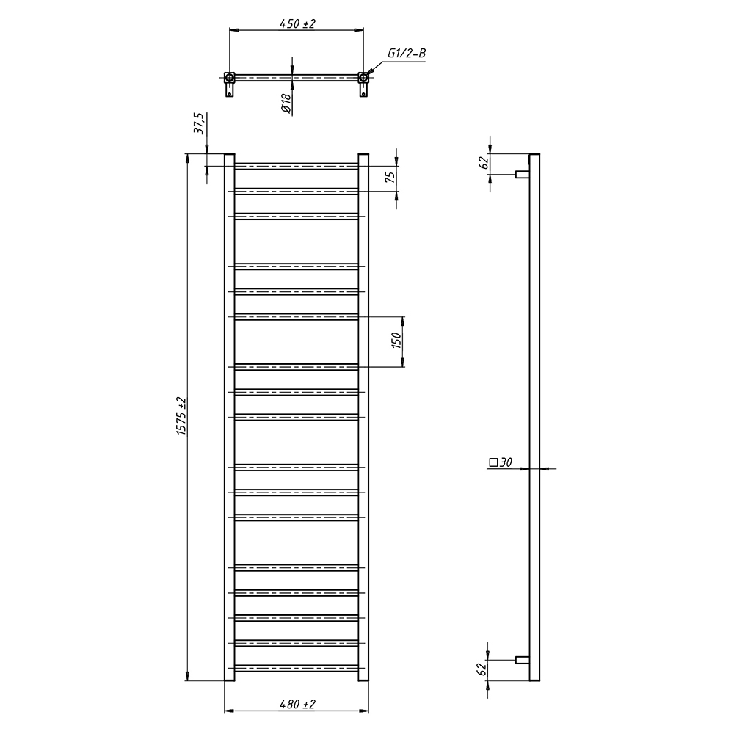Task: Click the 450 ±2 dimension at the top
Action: (297, 23)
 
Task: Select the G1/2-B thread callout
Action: (407, 54)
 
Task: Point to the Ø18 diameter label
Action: (286, 103)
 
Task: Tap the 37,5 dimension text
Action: (200, 123)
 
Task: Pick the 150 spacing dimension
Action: (397, 341)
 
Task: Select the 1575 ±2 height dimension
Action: (181, 416)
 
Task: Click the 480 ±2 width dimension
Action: (297, 704)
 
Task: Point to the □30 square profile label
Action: (501, 462)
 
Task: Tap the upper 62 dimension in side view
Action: (484, 162)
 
